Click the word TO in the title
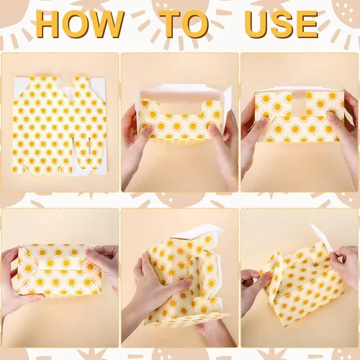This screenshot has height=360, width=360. click(x=184, y=24)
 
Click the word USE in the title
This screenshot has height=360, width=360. click(x=282, y=24)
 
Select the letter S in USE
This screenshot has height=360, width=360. click(x=282, y=24)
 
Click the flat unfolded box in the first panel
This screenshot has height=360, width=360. click(x=60, y=125)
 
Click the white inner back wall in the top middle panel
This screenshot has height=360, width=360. click(x=181, y=96)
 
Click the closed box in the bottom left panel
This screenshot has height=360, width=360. click(x=60, y=269)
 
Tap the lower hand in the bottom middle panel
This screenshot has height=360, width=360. click(x=211, y=333)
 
